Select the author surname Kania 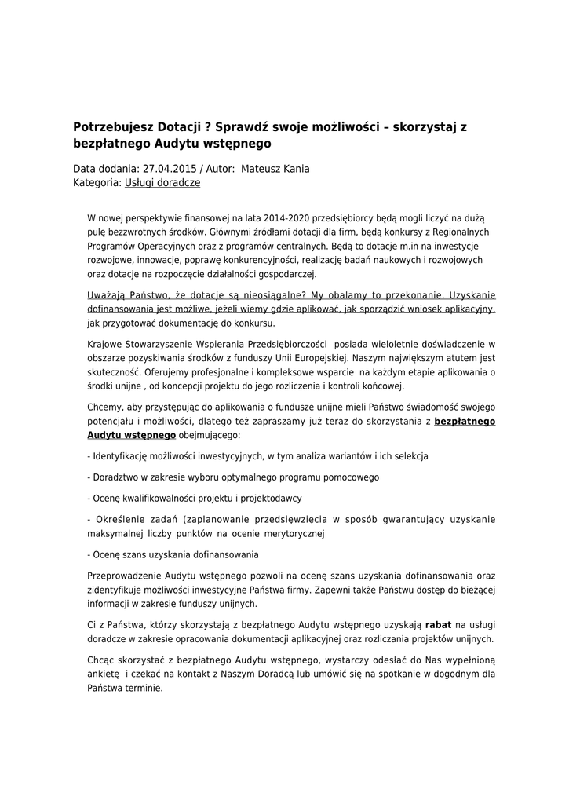tap(294, 169)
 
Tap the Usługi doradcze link tap(162, 182)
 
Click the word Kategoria tap(97, 182)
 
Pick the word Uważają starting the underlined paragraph tap(108, 295)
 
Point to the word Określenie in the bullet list tap(119, 519)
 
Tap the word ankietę tap(103, 674)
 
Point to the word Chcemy tap(104, 407)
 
